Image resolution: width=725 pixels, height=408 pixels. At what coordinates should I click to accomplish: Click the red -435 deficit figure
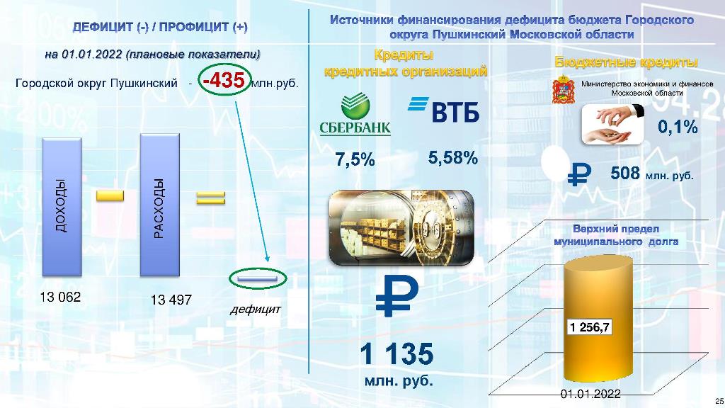(x=224, y=80)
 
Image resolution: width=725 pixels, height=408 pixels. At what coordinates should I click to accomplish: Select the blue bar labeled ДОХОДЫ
(x=62, y=207)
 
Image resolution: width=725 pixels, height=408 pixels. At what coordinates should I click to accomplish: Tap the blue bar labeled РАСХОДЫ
(x=160, y=205)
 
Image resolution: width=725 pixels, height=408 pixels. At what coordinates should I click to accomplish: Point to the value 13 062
(x=61, y=297)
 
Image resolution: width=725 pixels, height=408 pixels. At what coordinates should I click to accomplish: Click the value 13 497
(x=171, y=300)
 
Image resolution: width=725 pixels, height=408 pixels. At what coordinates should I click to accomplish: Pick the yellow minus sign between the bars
(x=110, y=195)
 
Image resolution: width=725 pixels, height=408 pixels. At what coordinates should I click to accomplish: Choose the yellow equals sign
(x=211, y=198)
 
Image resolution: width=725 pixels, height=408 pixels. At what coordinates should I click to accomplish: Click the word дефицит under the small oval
(x=255, y=309)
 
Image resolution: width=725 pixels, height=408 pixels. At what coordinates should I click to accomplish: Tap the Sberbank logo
(x=355, y=114)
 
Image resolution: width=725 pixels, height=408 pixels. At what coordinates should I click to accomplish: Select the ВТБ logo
(x=443, y=110)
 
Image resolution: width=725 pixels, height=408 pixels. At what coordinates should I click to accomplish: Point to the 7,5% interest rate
(x=355, y=159)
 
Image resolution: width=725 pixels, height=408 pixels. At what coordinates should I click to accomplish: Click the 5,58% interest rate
(x=453, y=158)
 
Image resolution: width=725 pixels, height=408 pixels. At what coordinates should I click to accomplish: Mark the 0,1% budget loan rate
(x=678, y=126)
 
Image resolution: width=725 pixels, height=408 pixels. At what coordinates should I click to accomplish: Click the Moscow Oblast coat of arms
(x=564, y=89)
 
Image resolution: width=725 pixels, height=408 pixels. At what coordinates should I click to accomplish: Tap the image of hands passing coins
(x=612, y=123)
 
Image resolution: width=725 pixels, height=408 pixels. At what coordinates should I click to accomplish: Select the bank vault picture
(x=401, y=228)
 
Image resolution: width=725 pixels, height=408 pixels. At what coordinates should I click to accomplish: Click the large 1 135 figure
(x=396, y=354)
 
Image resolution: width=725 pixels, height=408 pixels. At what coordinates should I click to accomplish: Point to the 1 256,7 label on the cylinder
(x=590, y=327)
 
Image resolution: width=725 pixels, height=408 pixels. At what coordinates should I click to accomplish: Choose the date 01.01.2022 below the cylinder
(x=590, y=394)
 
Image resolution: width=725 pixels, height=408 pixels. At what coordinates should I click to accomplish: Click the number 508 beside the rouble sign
(x=625, y=173)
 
